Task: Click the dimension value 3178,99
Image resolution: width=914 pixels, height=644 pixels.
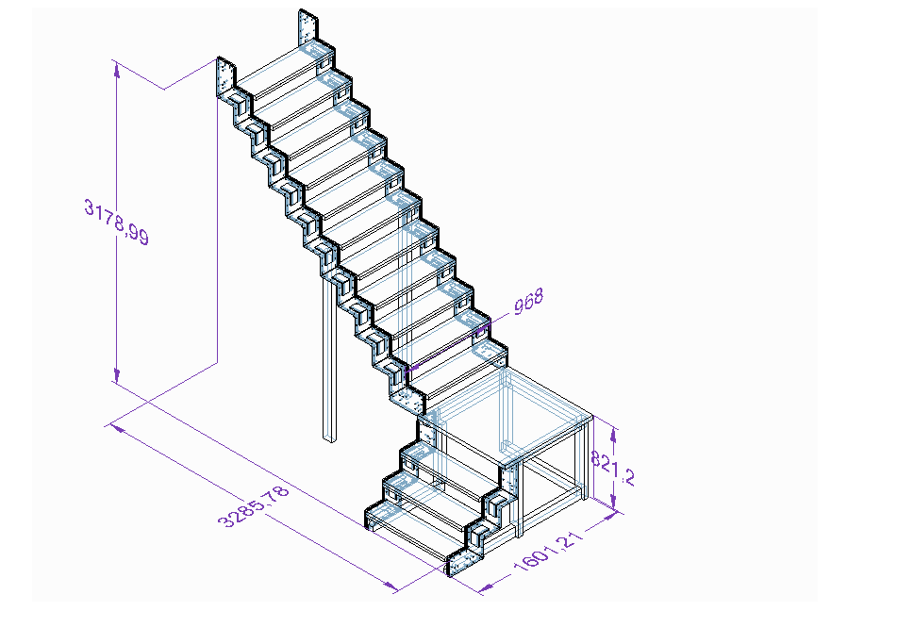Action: [x=116, y=223]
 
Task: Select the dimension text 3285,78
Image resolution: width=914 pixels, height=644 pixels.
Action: [x=254, y=506]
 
